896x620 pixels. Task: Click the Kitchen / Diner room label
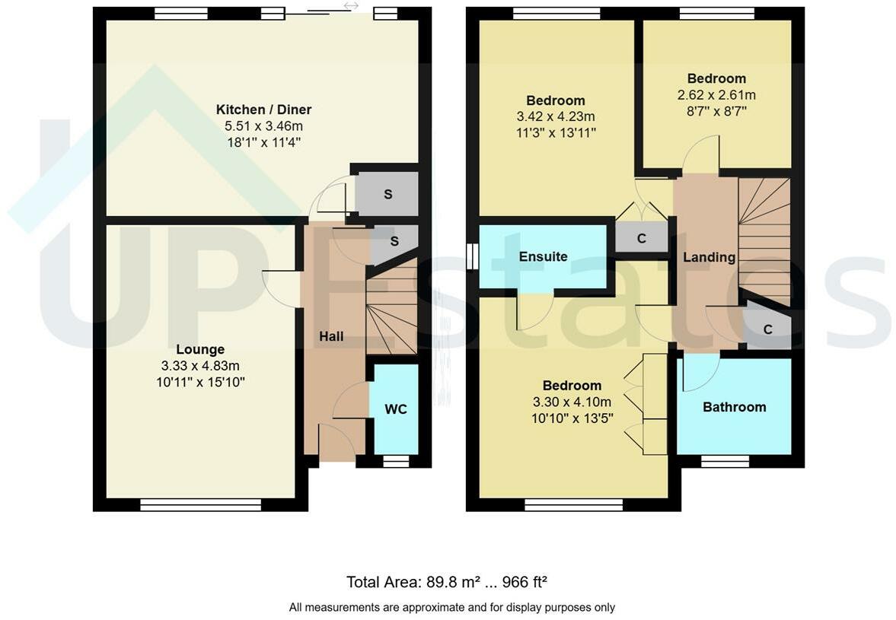click(x=263, y=109)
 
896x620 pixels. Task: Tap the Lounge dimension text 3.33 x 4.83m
click(x=200, y=365)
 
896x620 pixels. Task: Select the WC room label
click(x=395, y=409)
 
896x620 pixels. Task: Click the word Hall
click(x=331, y=336)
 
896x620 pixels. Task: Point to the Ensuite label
click(x=543, y=256)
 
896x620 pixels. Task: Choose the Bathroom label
click(x=735, y=407)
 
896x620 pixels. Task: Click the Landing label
click(x=709, y=257)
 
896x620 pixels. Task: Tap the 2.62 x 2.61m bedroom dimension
click(x=716, y=95)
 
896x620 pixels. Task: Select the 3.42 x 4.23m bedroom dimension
click(x=556, y=116)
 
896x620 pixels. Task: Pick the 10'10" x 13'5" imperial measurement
click(x=572, y=418)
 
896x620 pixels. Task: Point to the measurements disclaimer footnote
click(x=452, y=607)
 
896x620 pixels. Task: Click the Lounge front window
click(x=200, y=504)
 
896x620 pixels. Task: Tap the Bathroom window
click(x=725, y=461)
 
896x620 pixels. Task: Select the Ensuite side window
click(x=472, y=256)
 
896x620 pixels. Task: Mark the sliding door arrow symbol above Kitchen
click(x=351, y=6)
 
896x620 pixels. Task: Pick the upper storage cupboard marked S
click(x=387, y=194)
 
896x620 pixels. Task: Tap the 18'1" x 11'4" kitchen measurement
click(x=264, y=142)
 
